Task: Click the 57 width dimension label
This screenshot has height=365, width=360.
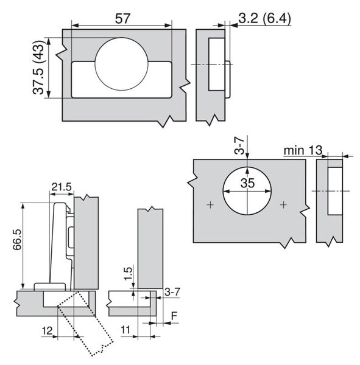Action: pyautogui.click(x=122, y=19)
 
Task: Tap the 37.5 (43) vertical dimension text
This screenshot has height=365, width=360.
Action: pyautogui.click(x=38, y=68)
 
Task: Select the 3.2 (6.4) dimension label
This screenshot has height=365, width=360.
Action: pyautogui.click(x=265, y=18)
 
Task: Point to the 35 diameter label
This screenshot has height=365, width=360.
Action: pyautogui.click(x=248, y=183)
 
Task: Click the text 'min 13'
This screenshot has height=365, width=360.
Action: pyautogui.click(x=303, y=150)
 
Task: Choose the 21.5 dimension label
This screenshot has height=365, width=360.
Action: pyautogui.click(x=62, y=187)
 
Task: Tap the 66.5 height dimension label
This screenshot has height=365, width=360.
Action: pyautogui.click(x=17, y=240)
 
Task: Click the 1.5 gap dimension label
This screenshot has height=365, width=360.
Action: pyautogui.click(x=128, y=274)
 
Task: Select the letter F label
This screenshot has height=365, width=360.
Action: pyautogui.click(x=174, y=316)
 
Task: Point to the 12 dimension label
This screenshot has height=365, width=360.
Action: pyautogui.click(x=47, y=330)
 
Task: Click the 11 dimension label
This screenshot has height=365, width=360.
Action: pyautogui.click(x=125, y=330)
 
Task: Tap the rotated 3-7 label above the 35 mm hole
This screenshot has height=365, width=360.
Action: pyautogui.click(x=239, y=146)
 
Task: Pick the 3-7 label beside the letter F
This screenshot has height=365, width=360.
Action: pyautogui.click(x=172, y=292)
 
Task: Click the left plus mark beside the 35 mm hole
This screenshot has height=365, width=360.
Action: pyautogui.click(x=210, y=205)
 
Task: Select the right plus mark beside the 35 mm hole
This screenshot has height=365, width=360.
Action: pyautogui.click(x=283, y=205)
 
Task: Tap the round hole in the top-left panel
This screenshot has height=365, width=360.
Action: pyautogui.click(x=121, y=64)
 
